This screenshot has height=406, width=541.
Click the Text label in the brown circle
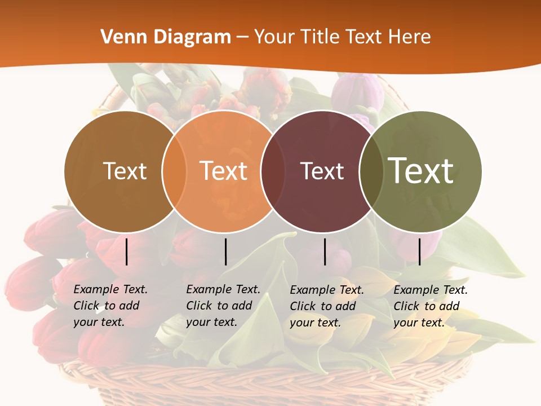point(125,171)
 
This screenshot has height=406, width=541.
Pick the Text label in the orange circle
point(224,171)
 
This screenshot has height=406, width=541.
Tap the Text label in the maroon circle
point(322,171)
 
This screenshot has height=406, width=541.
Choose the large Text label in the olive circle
point(421,170)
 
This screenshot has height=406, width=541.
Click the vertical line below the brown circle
point(127,251)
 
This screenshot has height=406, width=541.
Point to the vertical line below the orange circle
point(225,251)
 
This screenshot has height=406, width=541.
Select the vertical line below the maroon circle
point(325,251)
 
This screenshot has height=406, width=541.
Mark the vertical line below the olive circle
point(420,251)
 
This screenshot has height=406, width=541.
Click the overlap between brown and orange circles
point(174,171)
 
